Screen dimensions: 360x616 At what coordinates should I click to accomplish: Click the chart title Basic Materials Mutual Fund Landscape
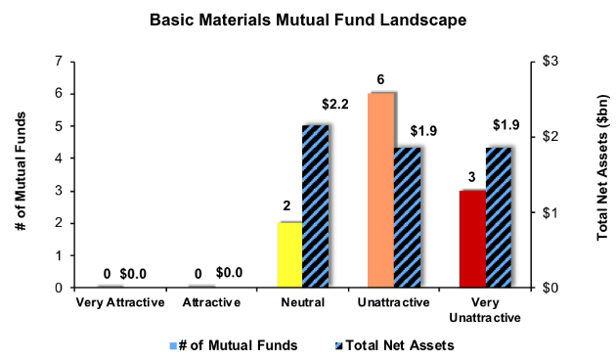tap(307, 19)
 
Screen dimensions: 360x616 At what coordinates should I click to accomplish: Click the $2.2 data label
tap(335, 103)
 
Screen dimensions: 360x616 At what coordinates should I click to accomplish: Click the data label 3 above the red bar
tap(473, 176)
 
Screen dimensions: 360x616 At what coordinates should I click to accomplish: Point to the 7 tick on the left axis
tap(60, 61)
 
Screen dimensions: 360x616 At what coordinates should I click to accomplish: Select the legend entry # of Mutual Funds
tap(231, 344)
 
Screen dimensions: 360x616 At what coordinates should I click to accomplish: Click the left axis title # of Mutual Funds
tap(22, 174)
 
